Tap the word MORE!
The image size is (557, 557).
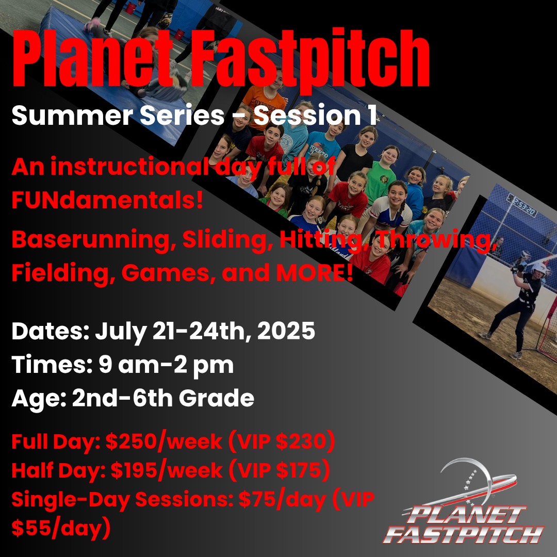pos(315,272)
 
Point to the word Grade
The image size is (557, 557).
pos(216,398)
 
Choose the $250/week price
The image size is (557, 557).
pos(164,441)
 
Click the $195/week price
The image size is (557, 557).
pos(167,470)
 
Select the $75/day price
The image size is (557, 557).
pos(283,499)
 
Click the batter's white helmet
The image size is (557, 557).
pos(538,269)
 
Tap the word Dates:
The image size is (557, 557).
pos(51,331)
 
